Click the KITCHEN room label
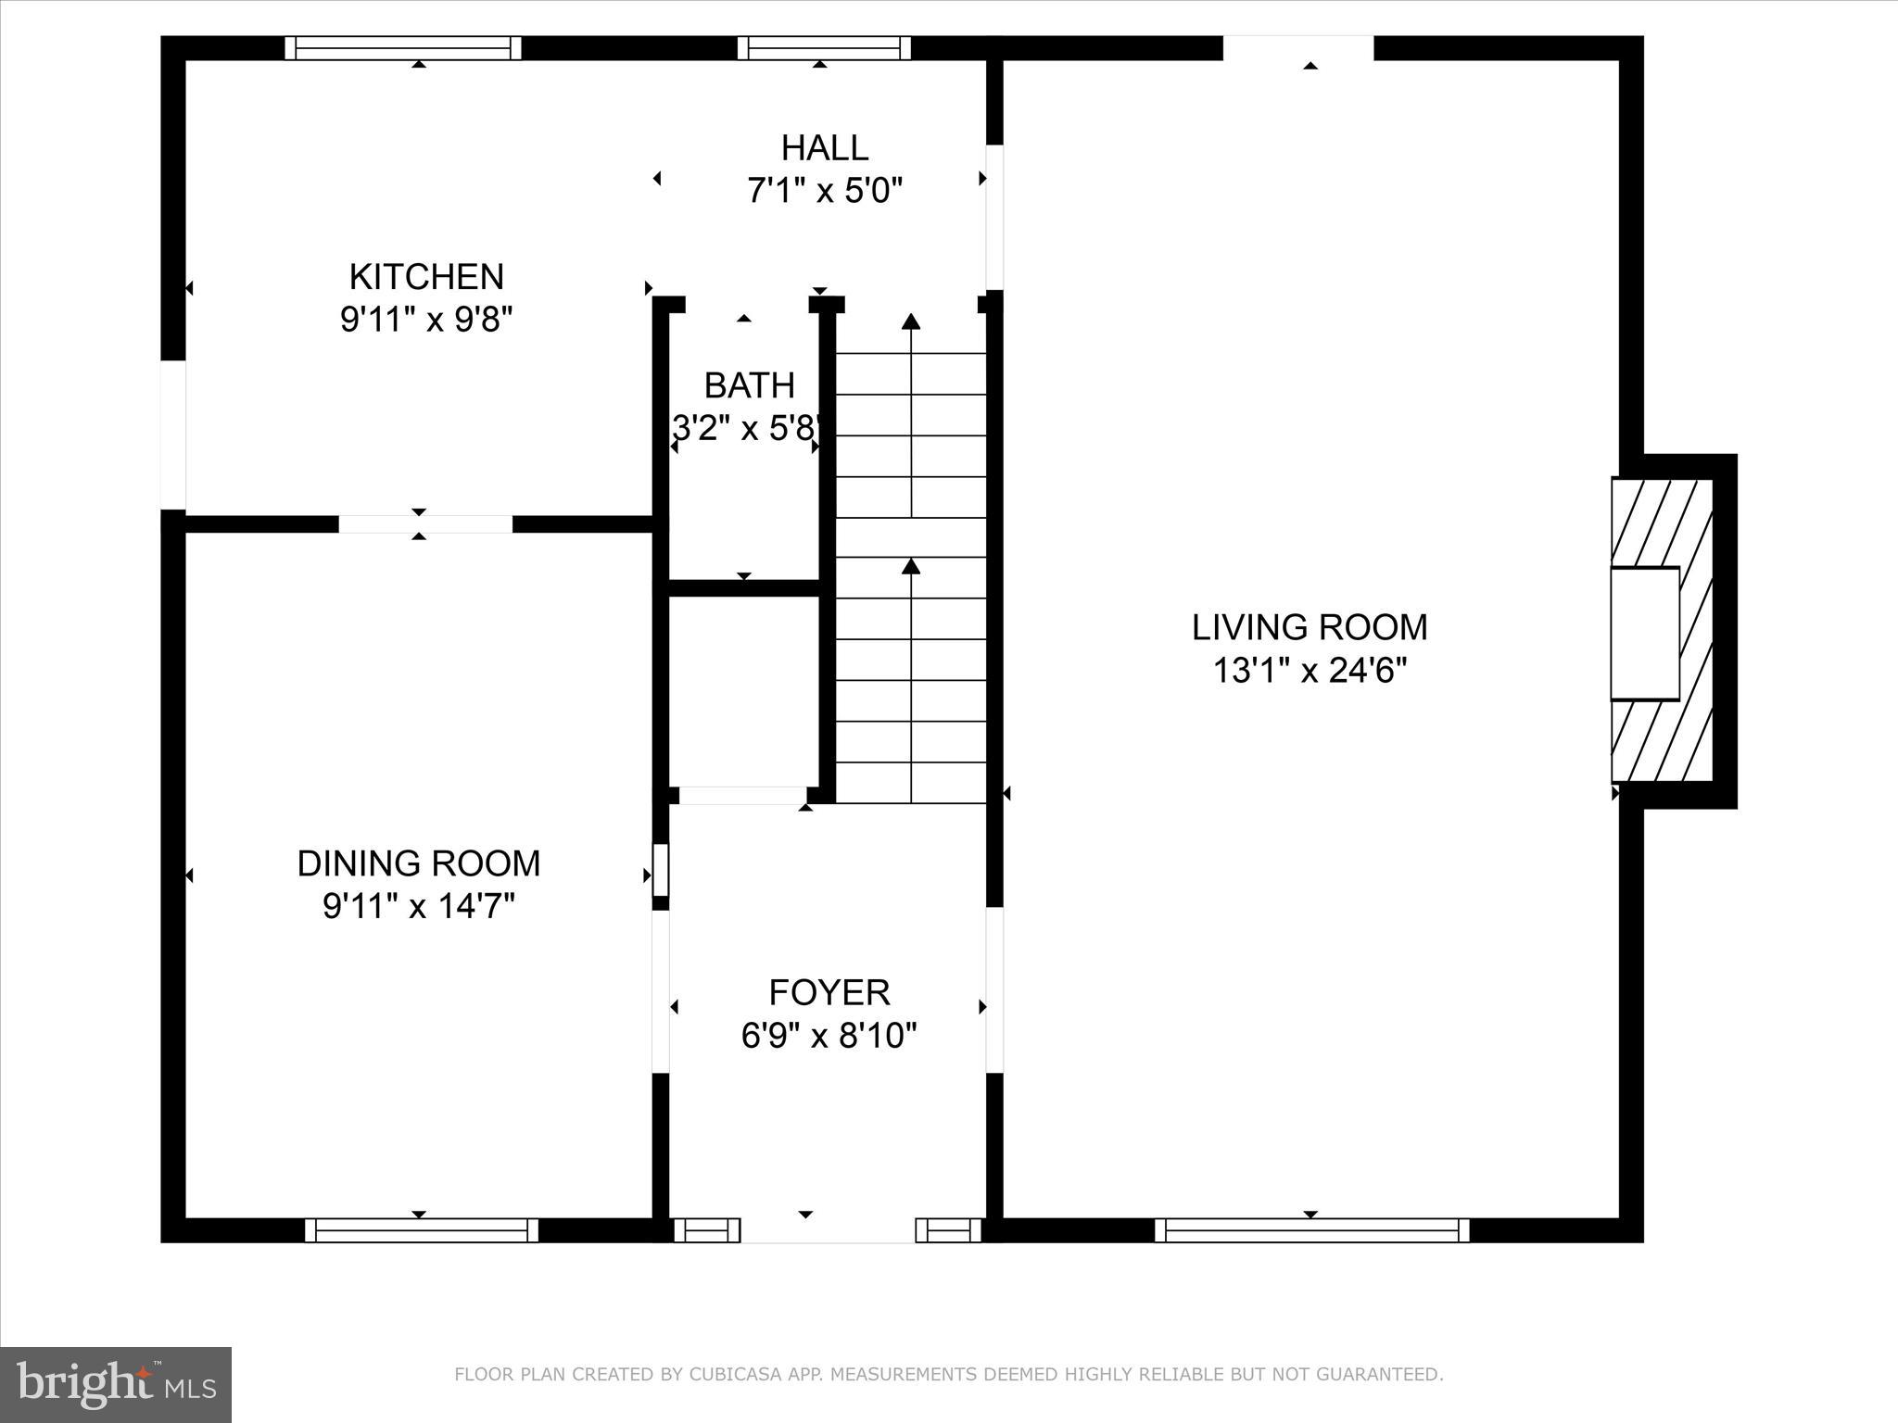(426, 277)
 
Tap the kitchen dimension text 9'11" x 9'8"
(426, 321)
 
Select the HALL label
(824, 148)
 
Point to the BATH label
(749, 385)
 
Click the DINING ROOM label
(418, 863)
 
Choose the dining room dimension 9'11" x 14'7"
(418, 906)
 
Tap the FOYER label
(829, 992)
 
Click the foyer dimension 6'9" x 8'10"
(829, 1036)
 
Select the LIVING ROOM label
(1309, 628)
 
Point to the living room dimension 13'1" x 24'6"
(1309, 671)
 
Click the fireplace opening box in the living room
(1644, 633)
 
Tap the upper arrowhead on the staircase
(911, 321)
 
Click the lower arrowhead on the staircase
(911, 565)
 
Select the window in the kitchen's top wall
(402, 48)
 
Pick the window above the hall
(824, 48)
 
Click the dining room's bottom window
(421, 1230)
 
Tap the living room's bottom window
(1311, 1230)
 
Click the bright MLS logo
(115, 1384)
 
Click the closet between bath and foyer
(743, 690)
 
